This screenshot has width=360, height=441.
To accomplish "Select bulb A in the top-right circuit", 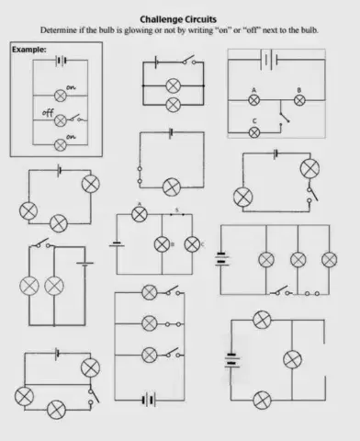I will [254, 100].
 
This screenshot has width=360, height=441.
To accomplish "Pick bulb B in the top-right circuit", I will [298, 100].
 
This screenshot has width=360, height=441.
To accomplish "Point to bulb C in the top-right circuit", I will [254, 131].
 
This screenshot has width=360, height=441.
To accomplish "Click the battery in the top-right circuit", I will [268, 60].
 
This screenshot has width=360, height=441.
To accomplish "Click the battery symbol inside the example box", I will [61, 62].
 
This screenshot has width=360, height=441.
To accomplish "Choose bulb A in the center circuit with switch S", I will [140, 214].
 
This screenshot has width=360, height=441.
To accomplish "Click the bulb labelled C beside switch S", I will [192, 244].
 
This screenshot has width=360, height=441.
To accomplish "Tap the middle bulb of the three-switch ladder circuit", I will [149, 323].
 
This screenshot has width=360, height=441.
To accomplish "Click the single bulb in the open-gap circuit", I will [171, 187].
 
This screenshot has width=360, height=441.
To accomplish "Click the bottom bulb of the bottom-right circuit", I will [263, 399].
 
